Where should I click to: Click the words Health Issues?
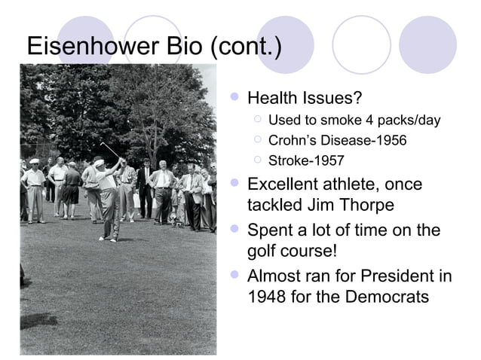click(305, 99)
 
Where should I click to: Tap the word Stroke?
click(289, 160)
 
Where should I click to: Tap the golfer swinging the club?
click(107, 197)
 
